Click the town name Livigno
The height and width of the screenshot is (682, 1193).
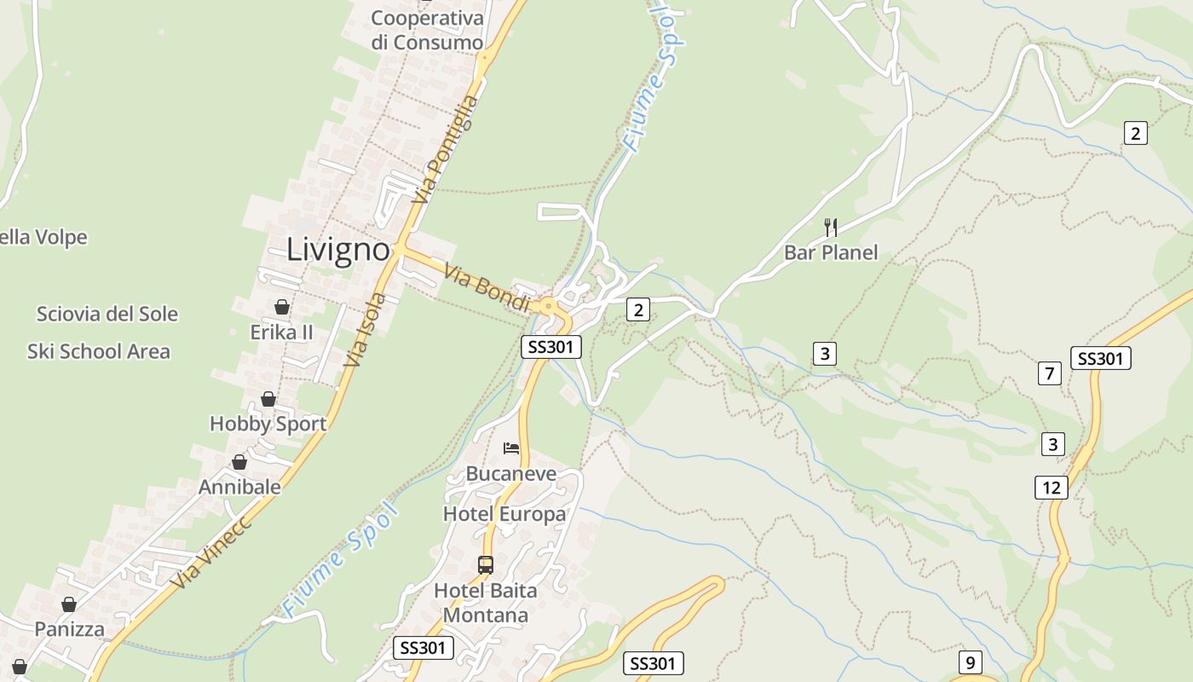(x=338, y=250)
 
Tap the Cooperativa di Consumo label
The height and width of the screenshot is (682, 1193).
(x=427, y=30)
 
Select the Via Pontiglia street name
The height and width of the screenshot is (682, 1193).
(x=446, y=150)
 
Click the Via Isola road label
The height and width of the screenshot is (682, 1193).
(x=366, y=330)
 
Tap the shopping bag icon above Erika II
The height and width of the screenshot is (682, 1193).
(x=282, y=307)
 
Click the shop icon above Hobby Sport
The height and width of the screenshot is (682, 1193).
(x=268, y=399)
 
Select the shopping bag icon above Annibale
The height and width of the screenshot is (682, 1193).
(x=239, y=462)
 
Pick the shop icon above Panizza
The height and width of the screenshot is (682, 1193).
(x=69, y=604)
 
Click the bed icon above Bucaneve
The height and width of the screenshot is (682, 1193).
(x=511, y=448)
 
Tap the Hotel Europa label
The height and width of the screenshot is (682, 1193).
(x=504, y=514)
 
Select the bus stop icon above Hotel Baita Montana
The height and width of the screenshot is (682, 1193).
(x=486, y=564)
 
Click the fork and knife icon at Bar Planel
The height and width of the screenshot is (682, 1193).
(x=831, y=227)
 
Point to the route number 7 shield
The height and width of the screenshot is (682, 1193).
(x=1050, y=373)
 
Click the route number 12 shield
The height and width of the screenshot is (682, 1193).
(x=1052, y=488)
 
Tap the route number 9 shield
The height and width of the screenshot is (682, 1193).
(x=970, y=662)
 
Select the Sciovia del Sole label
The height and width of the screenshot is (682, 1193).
(x=107, y=314)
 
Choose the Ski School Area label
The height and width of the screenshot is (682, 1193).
(x=99, y=351)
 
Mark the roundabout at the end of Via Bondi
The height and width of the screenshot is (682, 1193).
(x=548, y=305)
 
